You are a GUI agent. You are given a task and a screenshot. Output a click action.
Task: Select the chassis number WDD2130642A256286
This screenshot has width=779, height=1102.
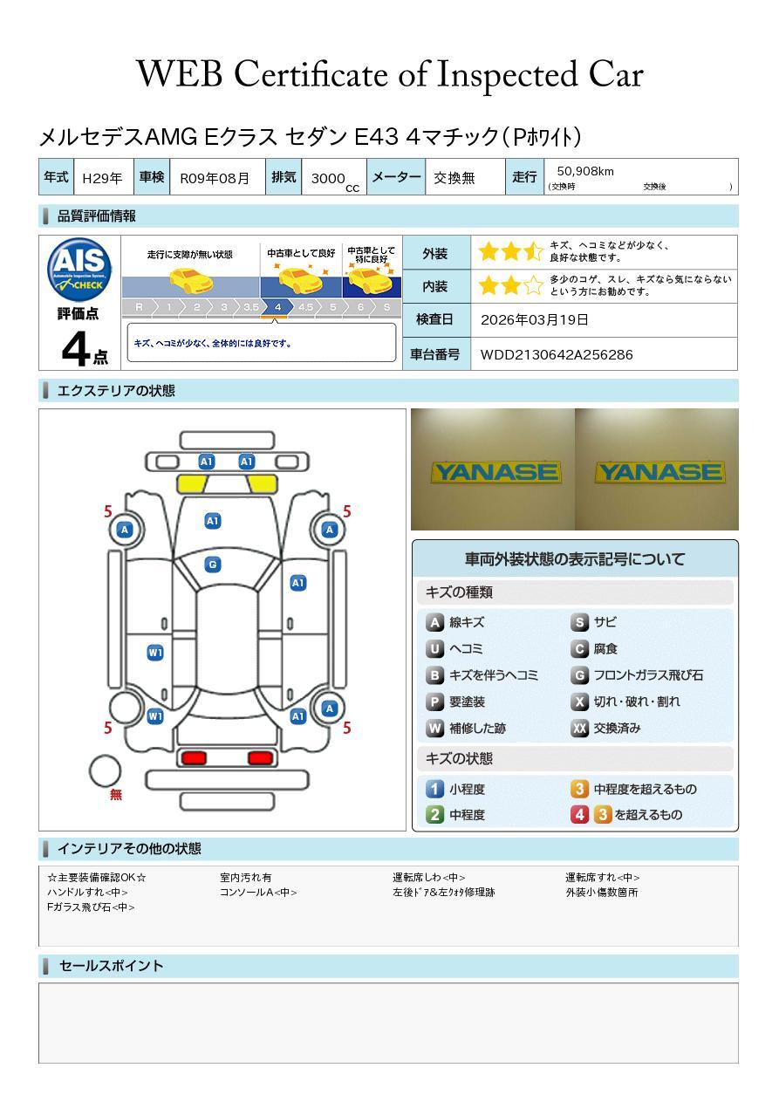click(x=557, y=354)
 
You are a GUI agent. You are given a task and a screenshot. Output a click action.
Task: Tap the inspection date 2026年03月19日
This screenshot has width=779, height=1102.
click(x=534, y=319)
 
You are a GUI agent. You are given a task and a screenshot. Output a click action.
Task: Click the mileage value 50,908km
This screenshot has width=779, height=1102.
click(x=585, y=171)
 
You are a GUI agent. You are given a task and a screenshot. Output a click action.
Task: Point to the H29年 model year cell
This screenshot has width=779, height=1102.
click(x=102, y=178)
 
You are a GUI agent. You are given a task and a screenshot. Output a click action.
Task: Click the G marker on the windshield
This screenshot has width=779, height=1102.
click(x=212, y=565)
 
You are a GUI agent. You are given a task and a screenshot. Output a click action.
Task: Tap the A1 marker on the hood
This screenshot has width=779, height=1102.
click(x=212, y=521)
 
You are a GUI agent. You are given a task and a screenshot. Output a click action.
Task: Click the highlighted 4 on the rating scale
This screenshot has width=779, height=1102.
click(x=277, y=307)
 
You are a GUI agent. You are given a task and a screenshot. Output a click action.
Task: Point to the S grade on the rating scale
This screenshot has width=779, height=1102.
click(x=386, y=307)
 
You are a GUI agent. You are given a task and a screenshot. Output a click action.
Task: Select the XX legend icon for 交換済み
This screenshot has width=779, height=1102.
click(x=579, y=728)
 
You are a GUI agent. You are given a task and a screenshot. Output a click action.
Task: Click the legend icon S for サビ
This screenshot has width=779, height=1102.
click(x=579, y=622)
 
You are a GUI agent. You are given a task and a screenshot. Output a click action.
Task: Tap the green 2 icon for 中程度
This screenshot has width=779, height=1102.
click(x=434, y=814)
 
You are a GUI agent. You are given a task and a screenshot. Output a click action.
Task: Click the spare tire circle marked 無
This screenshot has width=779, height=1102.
click(x=105, y=771)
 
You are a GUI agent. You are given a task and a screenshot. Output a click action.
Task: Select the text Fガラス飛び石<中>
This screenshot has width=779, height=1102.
click(x=91, y=907)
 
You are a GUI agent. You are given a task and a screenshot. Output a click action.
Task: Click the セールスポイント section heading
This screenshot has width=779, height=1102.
click(x=111, y=966)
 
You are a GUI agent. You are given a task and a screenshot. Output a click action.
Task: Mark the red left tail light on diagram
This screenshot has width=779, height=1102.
click(x=193, y=757)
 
